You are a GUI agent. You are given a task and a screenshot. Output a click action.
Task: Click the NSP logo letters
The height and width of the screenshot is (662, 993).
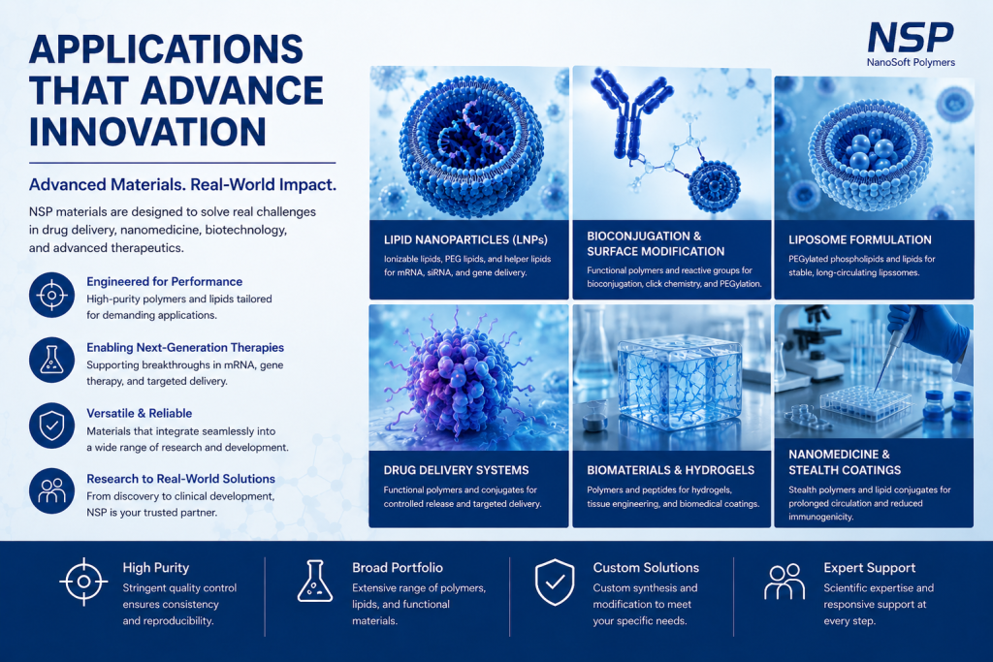pos(910,38)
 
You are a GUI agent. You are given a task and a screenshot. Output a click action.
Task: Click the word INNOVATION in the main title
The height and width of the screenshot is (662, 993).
pos(147,132)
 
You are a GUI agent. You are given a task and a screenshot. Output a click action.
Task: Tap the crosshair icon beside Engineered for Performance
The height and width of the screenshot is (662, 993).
pos(52,295)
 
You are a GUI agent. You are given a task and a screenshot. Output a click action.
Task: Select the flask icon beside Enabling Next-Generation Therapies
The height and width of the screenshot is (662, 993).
pos(52,361)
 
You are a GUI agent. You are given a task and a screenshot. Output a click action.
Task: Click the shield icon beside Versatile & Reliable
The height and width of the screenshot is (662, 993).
pos(52,426)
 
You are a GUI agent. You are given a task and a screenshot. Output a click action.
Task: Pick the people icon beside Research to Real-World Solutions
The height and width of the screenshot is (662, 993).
pos(52,490)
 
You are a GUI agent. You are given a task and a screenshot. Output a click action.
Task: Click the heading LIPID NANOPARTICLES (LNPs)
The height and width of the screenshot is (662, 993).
pos(465,239)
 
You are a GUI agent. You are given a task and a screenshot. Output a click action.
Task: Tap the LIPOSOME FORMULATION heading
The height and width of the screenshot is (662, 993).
pos(860,239)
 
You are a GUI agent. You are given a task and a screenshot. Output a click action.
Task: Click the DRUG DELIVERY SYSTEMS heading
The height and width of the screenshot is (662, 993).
pos(456,470)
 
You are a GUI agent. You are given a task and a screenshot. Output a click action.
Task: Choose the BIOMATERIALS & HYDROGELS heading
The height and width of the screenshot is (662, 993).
pos(671,470)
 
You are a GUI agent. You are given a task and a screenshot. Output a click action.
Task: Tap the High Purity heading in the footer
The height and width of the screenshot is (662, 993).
pos(156,568)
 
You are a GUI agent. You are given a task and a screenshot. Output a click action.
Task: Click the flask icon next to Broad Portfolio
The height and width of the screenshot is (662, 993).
pos(315,581)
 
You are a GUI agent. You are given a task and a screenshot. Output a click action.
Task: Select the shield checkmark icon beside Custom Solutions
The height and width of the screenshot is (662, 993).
pos(555,583)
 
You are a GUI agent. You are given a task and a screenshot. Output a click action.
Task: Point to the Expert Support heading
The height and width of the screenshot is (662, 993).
pos(870,568)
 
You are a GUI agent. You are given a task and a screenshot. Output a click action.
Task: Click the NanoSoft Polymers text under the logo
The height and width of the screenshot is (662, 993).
pos(911,62)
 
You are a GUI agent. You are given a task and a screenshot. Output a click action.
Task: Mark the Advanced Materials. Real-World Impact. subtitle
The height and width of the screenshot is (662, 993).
pos(183,185)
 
